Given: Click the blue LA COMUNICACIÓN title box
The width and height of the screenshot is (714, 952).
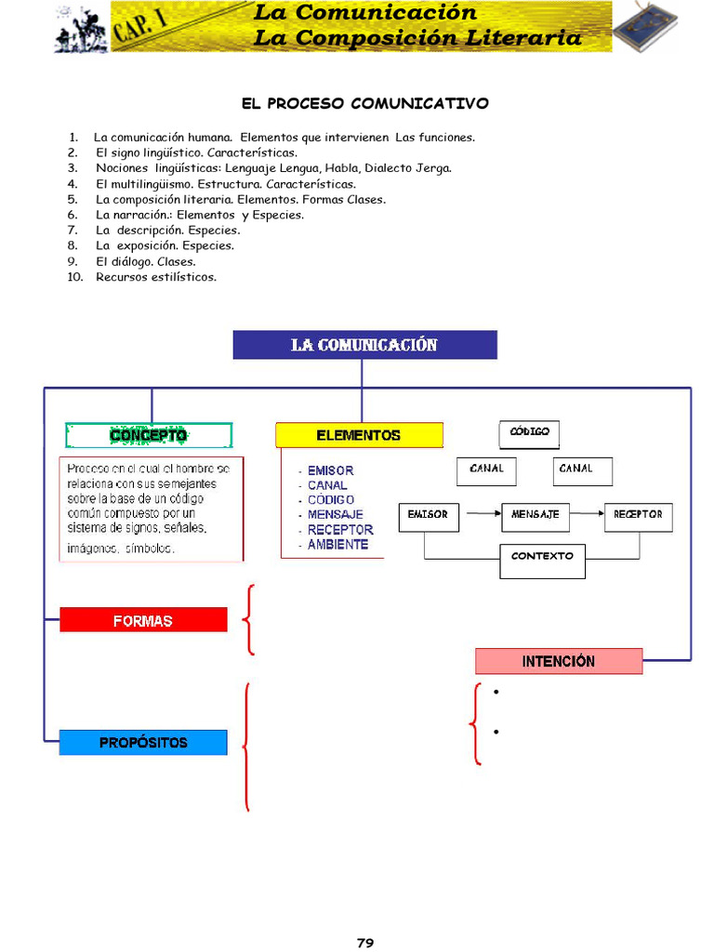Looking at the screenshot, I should click(x=364, y=345).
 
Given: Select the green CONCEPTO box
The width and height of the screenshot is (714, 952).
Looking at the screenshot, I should click(x=149, y=435).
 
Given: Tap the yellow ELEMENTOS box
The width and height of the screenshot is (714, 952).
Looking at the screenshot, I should click(x=359, y=435).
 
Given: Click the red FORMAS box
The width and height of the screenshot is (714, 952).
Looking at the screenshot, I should click(x=143, y=620).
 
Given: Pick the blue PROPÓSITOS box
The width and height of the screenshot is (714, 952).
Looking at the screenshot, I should click(x=143, y=742).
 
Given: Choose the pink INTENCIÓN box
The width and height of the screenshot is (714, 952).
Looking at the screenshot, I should click(x=559, y=661).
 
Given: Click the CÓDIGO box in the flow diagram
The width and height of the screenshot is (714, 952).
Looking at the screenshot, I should click(x=530, y=433).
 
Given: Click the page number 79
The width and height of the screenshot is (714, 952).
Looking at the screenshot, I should click(x=365, y=943).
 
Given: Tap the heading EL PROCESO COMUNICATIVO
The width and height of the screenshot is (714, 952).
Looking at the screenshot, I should click(x=365, y=103).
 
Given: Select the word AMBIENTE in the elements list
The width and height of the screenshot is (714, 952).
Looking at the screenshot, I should click(x=337, y=545).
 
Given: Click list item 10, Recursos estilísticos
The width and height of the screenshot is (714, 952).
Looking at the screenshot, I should click(x=155, y=277).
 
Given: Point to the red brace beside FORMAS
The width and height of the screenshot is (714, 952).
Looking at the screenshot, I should click(x=249, y=619).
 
